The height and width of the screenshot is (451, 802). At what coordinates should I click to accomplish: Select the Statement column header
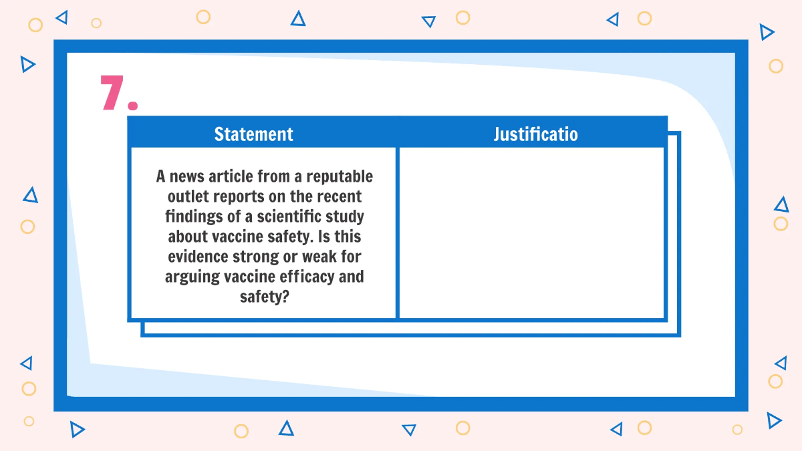253,134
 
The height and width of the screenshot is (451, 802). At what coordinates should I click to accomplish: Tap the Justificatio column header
535,134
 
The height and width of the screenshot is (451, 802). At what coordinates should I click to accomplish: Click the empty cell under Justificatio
531,233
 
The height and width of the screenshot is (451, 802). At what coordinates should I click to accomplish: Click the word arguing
190,277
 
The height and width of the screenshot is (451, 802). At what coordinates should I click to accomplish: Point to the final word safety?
264,297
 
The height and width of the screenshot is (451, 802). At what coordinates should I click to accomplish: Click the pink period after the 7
132,106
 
